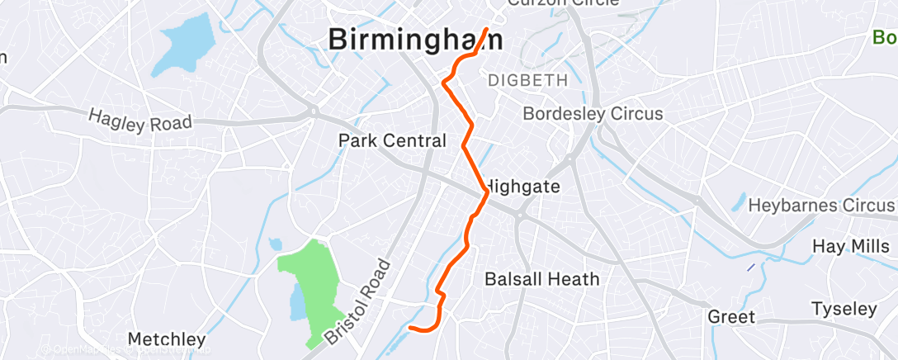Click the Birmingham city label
(416, 40)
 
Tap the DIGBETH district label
(528, 81)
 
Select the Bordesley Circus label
(593, 114)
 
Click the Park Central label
(392, 141)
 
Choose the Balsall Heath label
(542, 279)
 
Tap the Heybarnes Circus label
(822, 206)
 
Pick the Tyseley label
(844, 310)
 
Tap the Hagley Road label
(140, 122)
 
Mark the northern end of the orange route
(487, 30)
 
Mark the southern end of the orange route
(410, 328)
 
